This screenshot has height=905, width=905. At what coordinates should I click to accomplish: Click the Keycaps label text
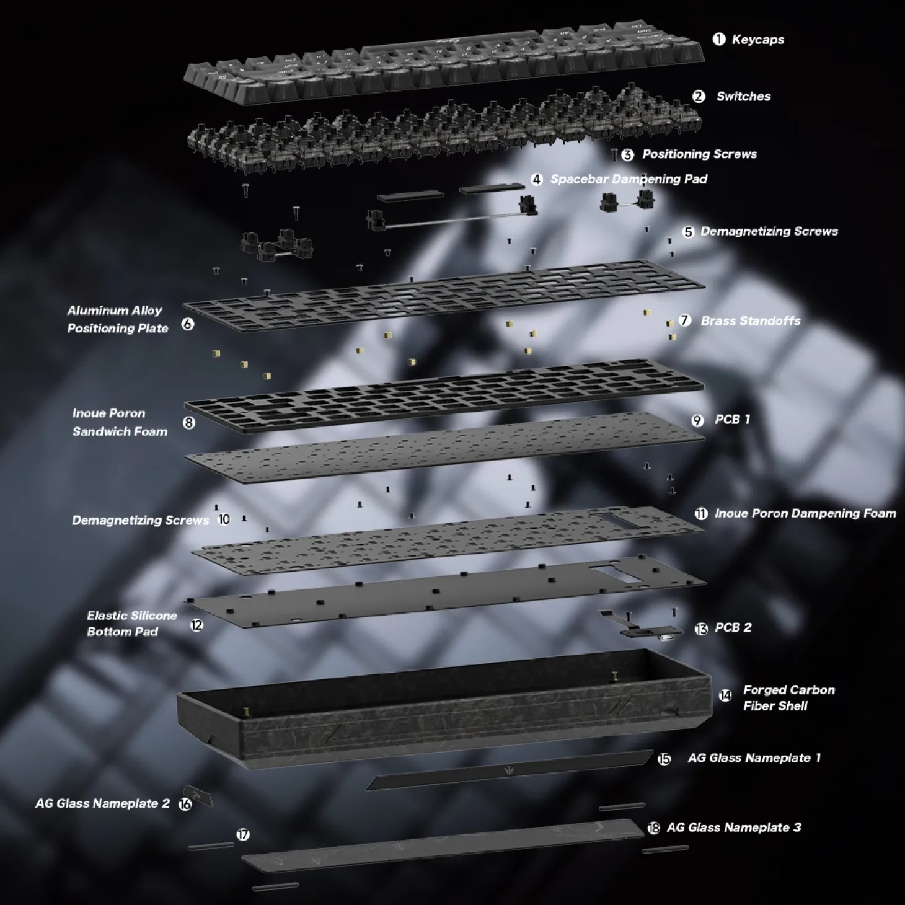click(757, 40)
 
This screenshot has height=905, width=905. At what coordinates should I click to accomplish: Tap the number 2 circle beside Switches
click(699, 96)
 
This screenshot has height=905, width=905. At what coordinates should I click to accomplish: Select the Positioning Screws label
click(699, 154)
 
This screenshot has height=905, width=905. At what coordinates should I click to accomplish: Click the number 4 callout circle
click(536, 179)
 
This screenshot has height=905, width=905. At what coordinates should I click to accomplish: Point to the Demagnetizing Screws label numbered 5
click(769, 231)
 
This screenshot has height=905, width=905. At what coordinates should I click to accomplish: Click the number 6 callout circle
click(188, 324)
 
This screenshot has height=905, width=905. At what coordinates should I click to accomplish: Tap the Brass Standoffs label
click(751, 320)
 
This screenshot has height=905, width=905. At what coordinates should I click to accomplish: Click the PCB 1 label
click(732, 420)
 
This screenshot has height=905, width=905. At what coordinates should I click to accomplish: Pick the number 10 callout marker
click(224, 519)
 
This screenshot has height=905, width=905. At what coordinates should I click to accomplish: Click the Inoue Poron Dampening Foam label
click(805, 513)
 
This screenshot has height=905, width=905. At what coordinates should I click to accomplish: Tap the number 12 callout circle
click(196, 625)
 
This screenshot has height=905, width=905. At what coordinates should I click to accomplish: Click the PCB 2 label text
click(733, 627)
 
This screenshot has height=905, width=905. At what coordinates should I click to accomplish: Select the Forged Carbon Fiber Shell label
click(788, 698)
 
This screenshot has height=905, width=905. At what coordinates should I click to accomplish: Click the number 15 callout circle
click(664, 759)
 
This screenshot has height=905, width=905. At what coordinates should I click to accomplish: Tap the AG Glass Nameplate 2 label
click(102, 803)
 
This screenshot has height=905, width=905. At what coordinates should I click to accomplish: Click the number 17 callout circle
click(243, 834)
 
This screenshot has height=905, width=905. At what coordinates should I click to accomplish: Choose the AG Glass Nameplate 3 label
click(733, 828)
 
